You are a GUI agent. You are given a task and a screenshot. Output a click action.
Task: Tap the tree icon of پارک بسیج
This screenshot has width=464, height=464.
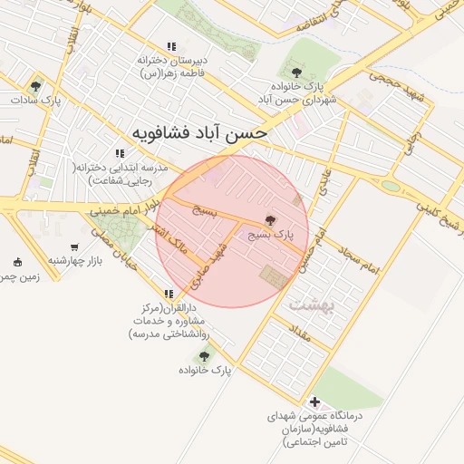[269, 220]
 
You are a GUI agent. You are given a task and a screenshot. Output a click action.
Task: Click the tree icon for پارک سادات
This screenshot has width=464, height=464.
[35, 87]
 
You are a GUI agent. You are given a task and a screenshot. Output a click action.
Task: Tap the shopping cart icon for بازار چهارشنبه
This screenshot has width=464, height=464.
[73, 246]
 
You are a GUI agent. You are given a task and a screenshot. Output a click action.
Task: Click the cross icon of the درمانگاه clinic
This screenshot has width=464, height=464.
[314, 401]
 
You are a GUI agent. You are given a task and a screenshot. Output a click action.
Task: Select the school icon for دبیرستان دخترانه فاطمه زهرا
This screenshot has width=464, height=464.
[170, 47]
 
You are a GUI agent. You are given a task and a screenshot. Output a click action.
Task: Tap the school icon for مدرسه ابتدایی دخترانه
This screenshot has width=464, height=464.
[119, 154]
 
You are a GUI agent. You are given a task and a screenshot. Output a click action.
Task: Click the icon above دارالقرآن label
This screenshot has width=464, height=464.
[169, 294]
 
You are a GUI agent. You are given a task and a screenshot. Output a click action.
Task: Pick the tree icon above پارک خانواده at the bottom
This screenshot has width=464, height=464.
[203, 356]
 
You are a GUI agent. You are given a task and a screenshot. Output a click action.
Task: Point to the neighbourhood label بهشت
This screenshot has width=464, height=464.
[312, 305]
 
